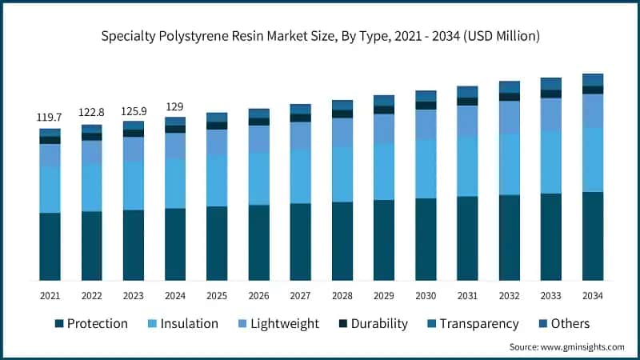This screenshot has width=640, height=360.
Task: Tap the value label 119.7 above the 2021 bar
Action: tap(50, 117)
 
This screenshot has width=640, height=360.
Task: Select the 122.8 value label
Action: tap(91, 113)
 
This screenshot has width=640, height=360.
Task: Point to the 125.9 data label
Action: tap(133, 110)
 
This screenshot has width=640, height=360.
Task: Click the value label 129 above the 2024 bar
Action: tap(174, 106)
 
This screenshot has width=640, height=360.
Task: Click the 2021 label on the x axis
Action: tap(50, 295)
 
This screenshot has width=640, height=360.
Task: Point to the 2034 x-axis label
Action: tap(593, 295)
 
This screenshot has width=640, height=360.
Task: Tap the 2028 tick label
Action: tap(342, 295)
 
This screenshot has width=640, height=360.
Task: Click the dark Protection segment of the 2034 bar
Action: tap(593, 236)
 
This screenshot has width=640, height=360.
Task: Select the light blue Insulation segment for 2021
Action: tap(50, 190)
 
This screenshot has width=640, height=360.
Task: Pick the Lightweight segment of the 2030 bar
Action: tap(426, 124)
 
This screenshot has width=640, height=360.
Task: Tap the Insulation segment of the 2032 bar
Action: tap(510, 164)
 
